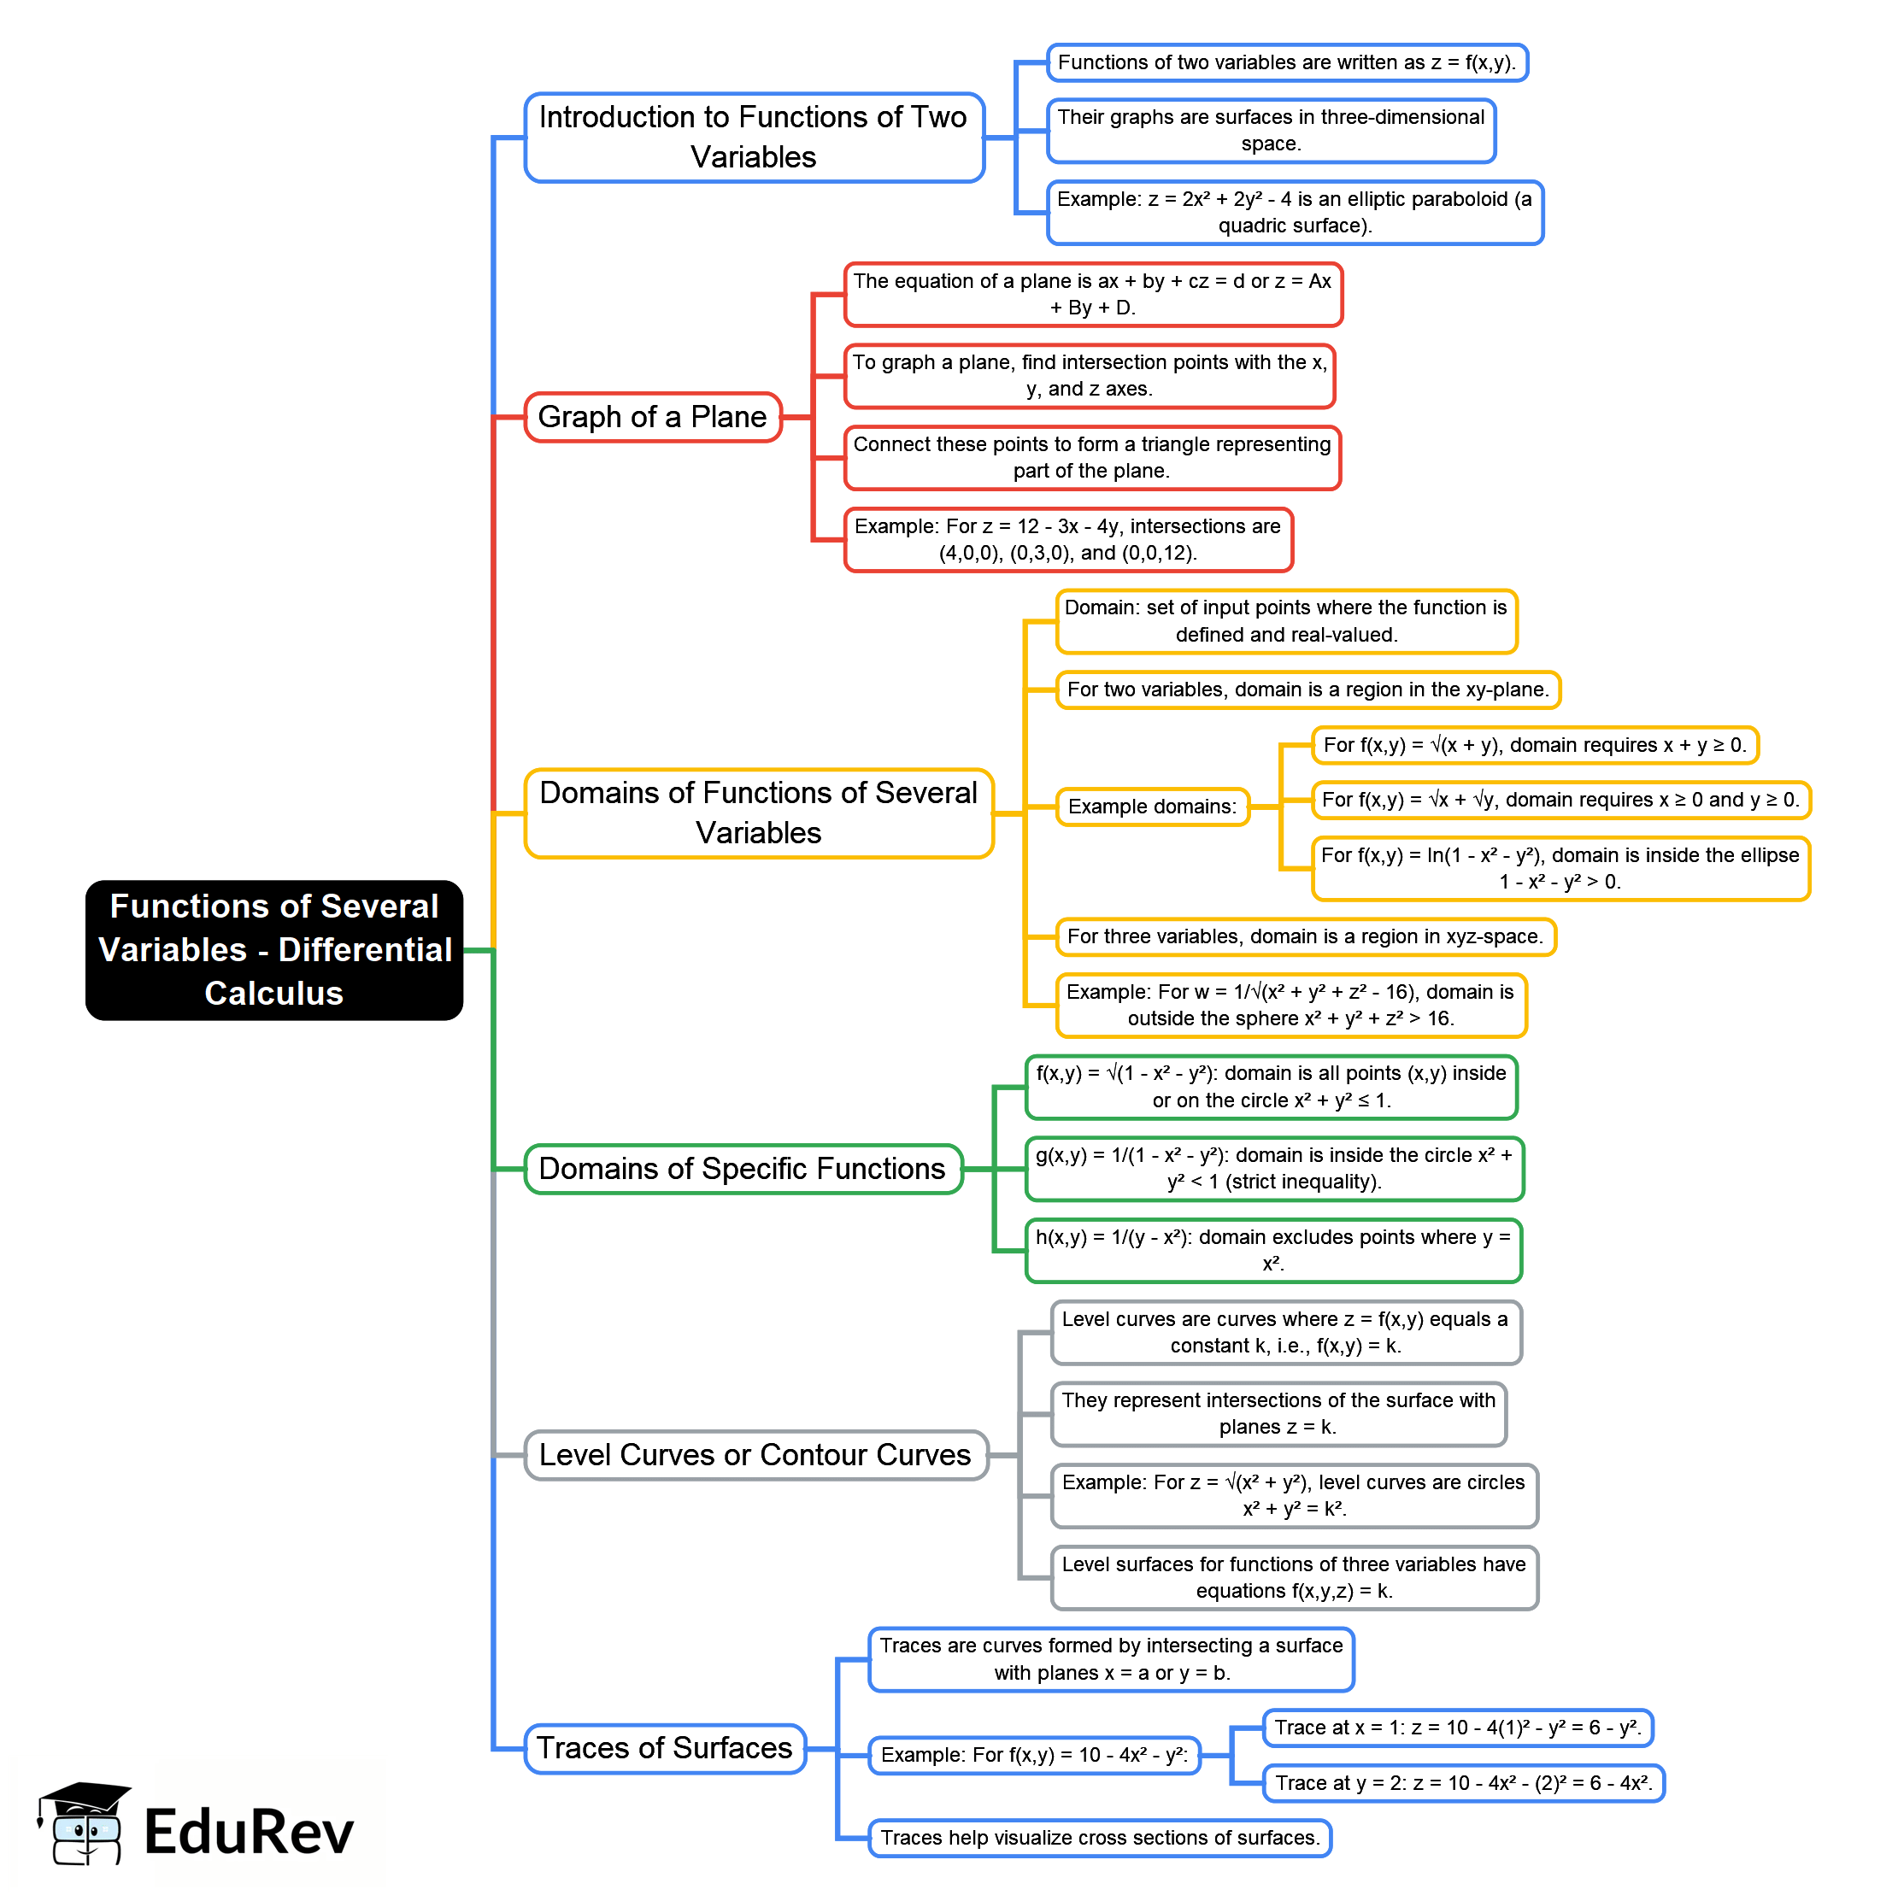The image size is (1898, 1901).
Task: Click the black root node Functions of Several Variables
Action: pyautogui.click(x=273, y=949)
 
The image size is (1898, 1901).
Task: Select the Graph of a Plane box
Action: pyautogui.click(x=652, y=417)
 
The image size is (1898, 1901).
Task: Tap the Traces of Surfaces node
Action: pyautogui.click(x=664, y=1747)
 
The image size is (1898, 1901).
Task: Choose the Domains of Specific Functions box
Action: pyautogui.click(x=743, y=1168)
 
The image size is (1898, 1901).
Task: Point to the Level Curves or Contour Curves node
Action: pyautogui.click(x=755, y=1454)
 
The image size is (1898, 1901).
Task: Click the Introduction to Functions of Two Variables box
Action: pyautogui.click(x=754, y=137)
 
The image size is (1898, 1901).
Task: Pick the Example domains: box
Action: pyautogui.click(x=1152, y=807)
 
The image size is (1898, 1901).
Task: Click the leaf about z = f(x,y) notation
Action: pyautogui.click(x=1286, y=63)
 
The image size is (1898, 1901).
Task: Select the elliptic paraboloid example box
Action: pyautogui.click(x=1294, y=213)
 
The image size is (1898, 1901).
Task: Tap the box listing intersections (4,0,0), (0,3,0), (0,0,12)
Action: pyautogui.click(x=1067, y=539)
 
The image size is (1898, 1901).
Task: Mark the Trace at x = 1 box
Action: pyautogui.click(x=1457, y=1728)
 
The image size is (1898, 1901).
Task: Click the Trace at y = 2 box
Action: pyautogui.click(x=1463, y=1783)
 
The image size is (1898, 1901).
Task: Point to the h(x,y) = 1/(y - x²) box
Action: pyautogui.click(x=1272, y=1251)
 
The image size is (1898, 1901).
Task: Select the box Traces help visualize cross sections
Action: pyautogui.click(x=1099, y=1838)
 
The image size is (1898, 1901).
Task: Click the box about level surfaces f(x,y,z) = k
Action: pyautogui.click(x=1294, y=1577)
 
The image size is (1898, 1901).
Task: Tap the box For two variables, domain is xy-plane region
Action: pyautogui.click(x=1307, y=689)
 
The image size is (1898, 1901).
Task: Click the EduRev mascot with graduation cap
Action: pyautogui.click(x=85, y=1823)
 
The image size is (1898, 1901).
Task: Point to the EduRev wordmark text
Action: pyautogui.click(x=249, y=1832)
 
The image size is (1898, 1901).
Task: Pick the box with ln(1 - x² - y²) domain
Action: pyautogui.click(x=1560, y=868)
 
